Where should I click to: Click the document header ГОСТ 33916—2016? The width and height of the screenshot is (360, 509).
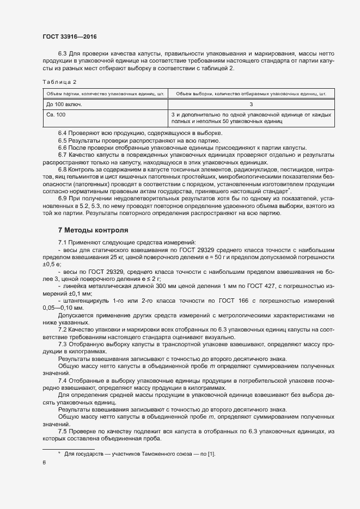[x=70, y=36]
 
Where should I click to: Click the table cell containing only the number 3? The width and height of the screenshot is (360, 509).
[x=251, y=104]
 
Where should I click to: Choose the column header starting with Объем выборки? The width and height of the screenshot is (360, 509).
[x=251, y=93]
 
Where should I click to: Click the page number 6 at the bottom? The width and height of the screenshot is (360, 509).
[x=44, y=462]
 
